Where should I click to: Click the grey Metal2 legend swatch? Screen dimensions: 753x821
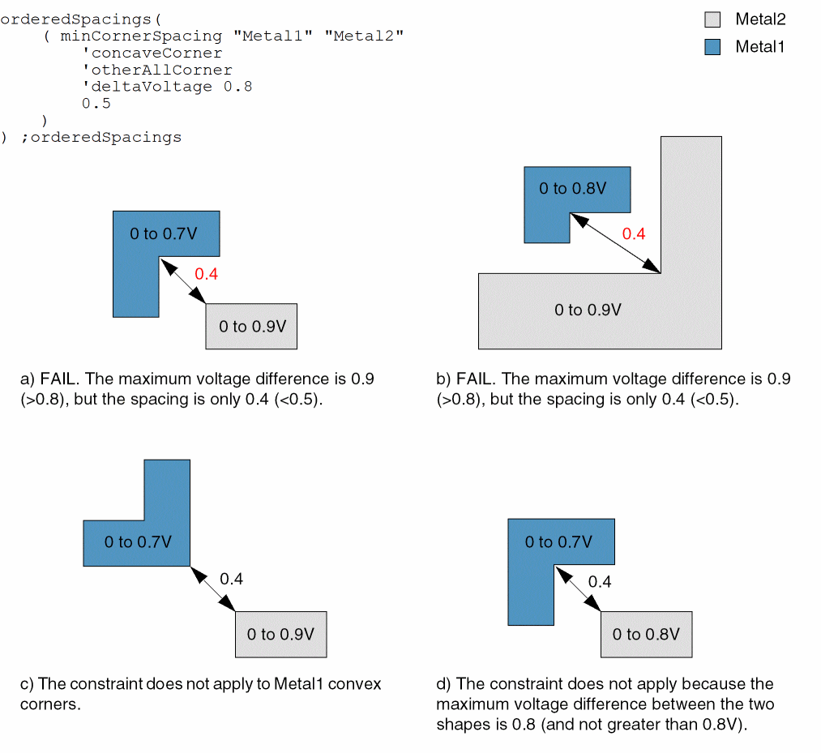tap(712, 19)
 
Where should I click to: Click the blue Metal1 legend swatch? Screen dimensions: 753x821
tap(712, 47)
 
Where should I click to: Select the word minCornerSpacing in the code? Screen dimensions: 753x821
tap(141, 36)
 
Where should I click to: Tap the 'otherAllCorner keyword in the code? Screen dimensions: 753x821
tap(156, 71)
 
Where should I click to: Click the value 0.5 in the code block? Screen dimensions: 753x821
tap(96, 104)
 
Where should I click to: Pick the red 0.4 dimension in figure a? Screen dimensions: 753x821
tap(207, 274)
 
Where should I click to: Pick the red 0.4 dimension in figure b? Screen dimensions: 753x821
tap(633, 234)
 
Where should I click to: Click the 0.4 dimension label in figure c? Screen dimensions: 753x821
tap(231, 579)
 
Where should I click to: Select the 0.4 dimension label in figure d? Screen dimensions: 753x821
tap(599, 582)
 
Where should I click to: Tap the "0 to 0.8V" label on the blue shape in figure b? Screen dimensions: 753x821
tap(572, 189)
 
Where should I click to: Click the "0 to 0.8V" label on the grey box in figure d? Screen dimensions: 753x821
tap(645, 634)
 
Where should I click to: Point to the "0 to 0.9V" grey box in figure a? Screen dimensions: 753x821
tap(251, 327)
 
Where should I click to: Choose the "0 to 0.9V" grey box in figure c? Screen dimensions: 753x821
tap(280, 634)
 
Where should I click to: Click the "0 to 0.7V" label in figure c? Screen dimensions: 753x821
tap(138, 542)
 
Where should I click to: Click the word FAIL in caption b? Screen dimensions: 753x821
tap(474, 379)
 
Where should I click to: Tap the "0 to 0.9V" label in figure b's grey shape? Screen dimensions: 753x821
tap(588, 310)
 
